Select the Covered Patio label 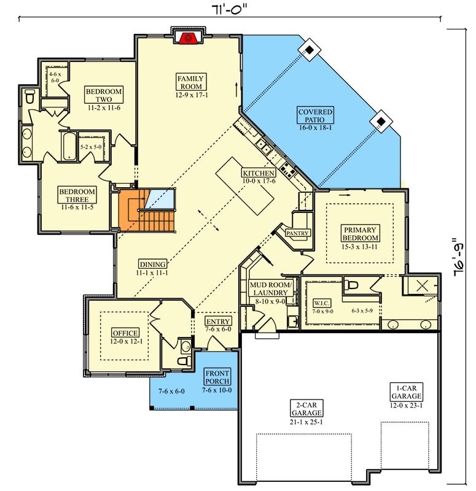(x=316, y=116)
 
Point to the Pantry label (x=297, y=233)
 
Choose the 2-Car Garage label (x=306, y=409)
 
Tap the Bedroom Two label (x=104, y=95)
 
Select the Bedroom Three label (x=77, y=195)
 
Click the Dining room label (x=152, y=265)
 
